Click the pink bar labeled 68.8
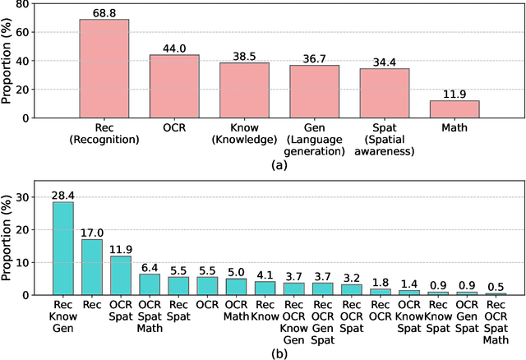tap(104, 69)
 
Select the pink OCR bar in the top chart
tap(173, 86)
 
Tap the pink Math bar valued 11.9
tap(454, 109)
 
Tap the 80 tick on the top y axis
tap(30, 5)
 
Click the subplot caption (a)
tap(279, 164)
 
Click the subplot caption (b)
tap(279, 351)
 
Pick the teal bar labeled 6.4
tap(150, 284)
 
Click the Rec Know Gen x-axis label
tap(63, 316)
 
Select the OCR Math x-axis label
tap(236, 310)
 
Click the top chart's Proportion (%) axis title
tap(8, 62)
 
